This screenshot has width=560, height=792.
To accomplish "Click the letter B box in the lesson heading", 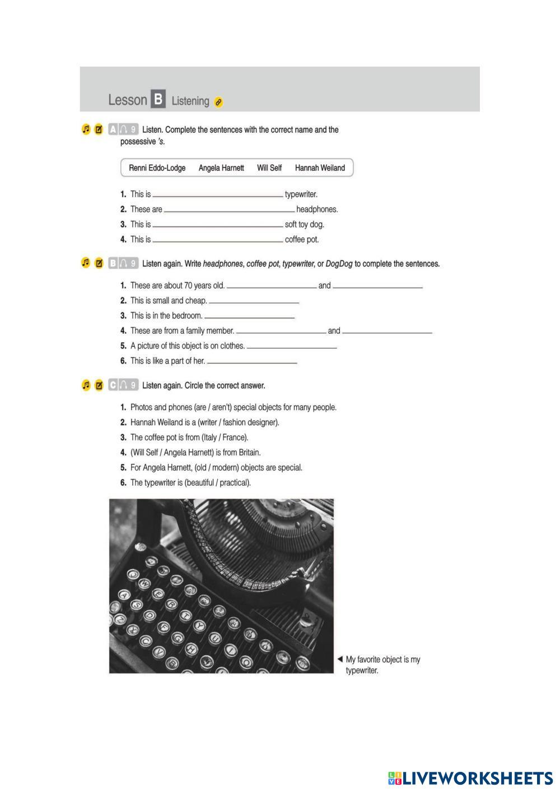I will click(x=158, y=100).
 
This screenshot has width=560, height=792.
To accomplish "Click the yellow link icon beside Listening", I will click(x=218, y=102).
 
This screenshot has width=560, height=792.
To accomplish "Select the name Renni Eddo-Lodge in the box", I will click(x=157, y=168).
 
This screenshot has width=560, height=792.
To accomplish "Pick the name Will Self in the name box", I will click(x=269, y=168).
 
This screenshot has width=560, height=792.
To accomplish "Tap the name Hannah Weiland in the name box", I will click(x=320, y=168).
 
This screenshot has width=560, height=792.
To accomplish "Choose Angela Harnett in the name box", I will click(x=221, y=168).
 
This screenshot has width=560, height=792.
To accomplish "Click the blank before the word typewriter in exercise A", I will click(x=218, y=195).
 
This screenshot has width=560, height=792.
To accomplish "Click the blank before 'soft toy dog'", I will click(x=218, y=225).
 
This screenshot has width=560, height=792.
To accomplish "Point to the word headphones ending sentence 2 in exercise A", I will click(x=317, y=209).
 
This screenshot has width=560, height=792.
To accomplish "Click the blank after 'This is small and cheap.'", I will click(x=254, y=301).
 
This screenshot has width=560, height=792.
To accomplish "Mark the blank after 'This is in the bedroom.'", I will click(x=249, y=316).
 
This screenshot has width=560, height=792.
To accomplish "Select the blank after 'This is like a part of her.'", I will click(x=252, y=362).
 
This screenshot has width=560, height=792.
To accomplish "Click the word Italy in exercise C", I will click(x=212, y=437).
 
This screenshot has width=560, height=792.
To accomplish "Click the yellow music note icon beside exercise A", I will click(x=86, y=129).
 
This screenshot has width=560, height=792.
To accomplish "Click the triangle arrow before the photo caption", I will click(x=340, y=659).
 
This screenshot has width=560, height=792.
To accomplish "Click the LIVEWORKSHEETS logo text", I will click(x=477, y=778).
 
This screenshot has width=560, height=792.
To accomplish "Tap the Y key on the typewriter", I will click(x=199, y=626).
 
